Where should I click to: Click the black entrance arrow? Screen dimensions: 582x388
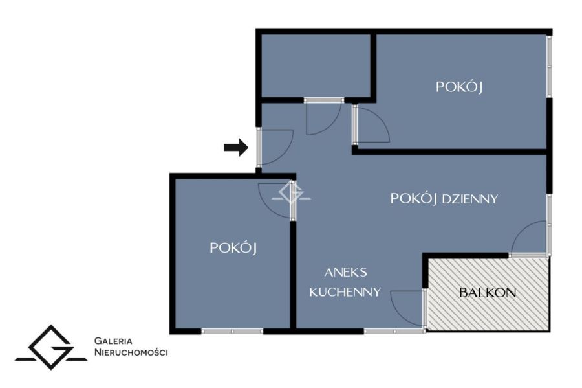coord(236,148)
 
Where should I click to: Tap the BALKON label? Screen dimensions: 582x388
coord(488,293)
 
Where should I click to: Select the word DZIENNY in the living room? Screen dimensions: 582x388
coord(470,200)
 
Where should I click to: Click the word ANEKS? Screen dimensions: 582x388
coord(345,273)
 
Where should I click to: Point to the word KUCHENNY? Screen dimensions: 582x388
coord(345,292)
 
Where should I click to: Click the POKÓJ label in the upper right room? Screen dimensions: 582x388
coord(458,87)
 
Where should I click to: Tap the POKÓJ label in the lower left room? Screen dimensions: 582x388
coord(233,248)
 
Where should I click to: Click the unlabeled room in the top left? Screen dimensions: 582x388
coord(316,65)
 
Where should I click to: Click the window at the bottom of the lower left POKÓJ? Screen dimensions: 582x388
coord(232,331)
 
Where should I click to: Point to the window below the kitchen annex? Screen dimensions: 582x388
coord(394,331)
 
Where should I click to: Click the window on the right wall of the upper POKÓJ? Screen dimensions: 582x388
coord(549,66)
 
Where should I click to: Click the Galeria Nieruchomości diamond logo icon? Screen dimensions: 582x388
coord(51,348)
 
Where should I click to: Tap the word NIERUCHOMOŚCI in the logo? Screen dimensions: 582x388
coord(131,352)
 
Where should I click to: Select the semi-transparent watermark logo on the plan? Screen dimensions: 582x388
coord(292,193)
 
